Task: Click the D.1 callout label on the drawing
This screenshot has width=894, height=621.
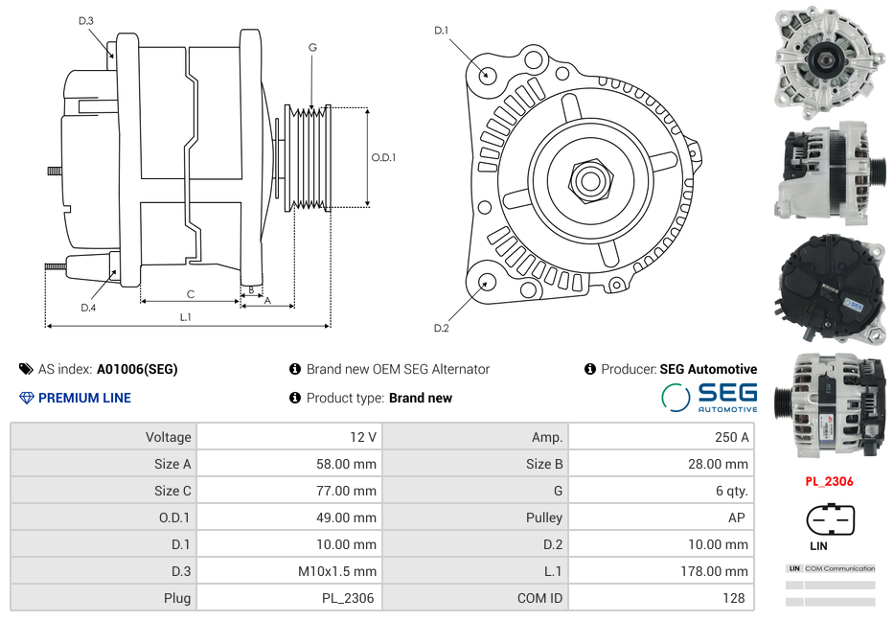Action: click(441, 31)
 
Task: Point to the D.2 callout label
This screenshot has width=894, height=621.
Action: click(441, 328)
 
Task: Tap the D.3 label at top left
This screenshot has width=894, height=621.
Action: click(86, 20)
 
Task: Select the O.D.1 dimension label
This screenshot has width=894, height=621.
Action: click(383, 158)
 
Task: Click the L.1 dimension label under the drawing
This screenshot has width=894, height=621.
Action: click(186, 316)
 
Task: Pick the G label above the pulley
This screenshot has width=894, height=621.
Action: click(312, 47)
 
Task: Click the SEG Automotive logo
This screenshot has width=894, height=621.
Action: click(710, 397)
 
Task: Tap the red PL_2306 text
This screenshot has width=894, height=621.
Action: click(829, 482)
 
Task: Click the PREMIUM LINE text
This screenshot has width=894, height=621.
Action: click(84, 398)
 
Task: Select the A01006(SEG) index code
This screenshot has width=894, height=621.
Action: click(137, 369)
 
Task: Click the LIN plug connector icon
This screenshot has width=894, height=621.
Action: click(830, 520)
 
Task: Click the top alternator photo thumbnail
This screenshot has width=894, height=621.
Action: click(830, 59)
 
